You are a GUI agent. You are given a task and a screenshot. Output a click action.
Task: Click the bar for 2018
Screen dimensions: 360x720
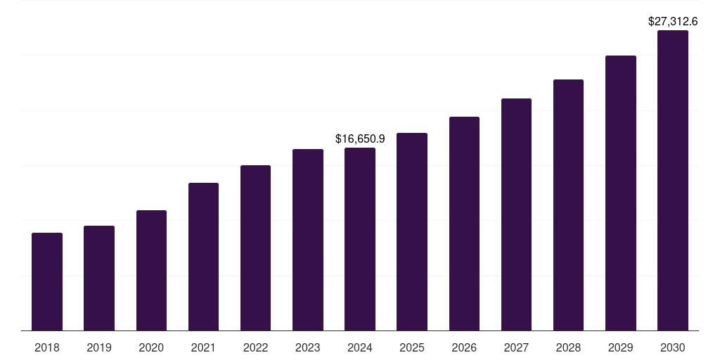coord(47,281)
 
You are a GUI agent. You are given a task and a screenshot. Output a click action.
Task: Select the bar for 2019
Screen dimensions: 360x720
coord(99,278)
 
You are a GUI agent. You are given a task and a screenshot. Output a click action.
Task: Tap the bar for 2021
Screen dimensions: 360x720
coord(203,257)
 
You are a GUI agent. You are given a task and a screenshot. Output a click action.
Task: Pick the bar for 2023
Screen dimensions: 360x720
coord(308,240)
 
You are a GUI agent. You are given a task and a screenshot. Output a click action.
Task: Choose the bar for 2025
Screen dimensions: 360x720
coord(412,231)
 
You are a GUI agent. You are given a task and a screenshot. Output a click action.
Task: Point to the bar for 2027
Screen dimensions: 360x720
coord(516,214)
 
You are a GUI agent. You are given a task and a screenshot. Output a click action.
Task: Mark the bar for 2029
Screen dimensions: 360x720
coord(621,193)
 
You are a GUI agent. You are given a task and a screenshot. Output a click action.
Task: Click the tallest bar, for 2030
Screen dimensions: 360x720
coord(673,180)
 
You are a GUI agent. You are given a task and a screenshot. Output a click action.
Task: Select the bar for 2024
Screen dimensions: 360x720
coord(360,239)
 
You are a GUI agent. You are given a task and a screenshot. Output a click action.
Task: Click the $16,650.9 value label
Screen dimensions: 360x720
coord(360,139)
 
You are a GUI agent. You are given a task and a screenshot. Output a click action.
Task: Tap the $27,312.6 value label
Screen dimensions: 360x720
coord(673,22)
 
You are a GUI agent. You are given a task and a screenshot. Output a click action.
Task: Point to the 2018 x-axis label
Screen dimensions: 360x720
coord(47,347)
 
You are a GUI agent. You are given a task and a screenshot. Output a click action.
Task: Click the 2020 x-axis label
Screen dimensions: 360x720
coord(151,347)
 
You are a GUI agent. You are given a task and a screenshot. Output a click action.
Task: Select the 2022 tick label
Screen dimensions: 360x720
coord(255,347)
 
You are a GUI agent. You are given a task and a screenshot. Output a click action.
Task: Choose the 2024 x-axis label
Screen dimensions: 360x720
coord(360,347)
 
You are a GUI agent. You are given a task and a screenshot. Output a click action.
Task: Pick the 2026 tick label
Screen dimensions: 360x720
coord(464,347)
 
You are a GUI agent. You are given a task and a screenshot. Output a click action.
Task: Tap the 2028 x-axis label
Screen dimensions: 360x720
coord(568,347)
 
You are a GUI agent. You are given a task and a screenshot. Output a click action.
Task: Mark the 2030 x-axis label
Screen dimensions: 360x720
coord(673,347)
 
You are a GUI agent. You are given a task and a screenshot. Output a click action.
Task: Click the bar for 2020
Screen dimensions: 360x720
coord(151,270)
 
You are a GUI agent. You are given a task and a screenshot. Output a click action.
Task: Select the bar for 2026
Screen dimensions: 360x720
coord(464,224)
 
